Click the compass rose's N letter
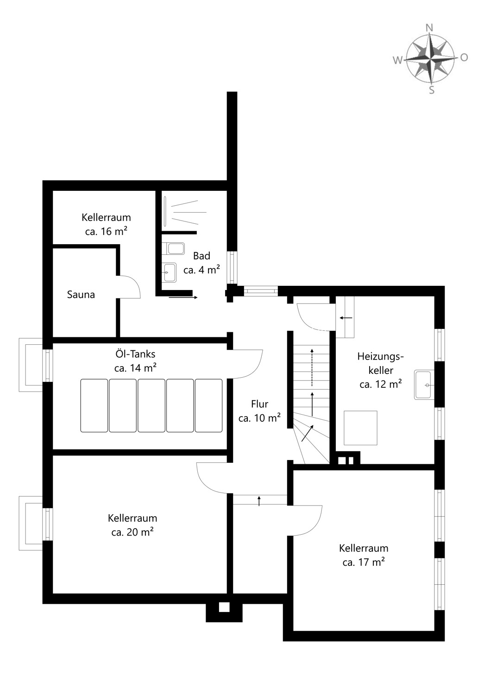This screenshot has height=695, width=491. pyautogui.click(x=429, y=28)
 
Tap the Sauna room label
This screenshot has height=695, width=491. pyautogui.click(x=81, y=295)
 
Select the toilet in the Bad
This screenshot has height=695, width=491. pyautogui.click(x=176, y=249)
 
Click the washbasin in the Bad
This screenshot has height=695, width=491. pyautogui.click(x=169, y=272)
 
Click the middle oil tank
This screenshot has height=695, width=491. pyautogui.click(x=151, y=405)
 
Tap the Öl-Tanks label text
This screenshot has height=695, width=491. pyautogui.click(x=135, y=354)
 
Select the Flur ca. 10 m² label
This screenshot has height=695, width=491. pyautogui.click(x=259, y=411)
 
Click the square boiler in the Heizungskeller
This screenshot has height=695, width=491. pyautogui.click(x=360, y=428)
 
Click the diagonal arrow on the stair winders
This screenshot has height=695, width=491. pyautogui.click(x=307, y=433)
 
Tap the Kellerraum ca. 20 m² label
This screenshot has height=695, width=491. pyautogui.click(x=132, y=525)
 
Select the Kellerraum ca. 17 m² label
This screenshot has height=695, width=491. pyautogui.click(x=364, y=555)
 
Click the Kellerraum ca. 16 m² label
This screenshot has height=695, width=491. pyautogui.click(x=106, y=224)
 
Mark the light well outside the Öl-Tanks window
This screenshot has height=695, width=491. pyautogui.click(x=31, y=365)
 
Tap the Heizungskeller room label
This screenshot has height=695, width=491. pyautogui.click(x=381, y=370)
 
